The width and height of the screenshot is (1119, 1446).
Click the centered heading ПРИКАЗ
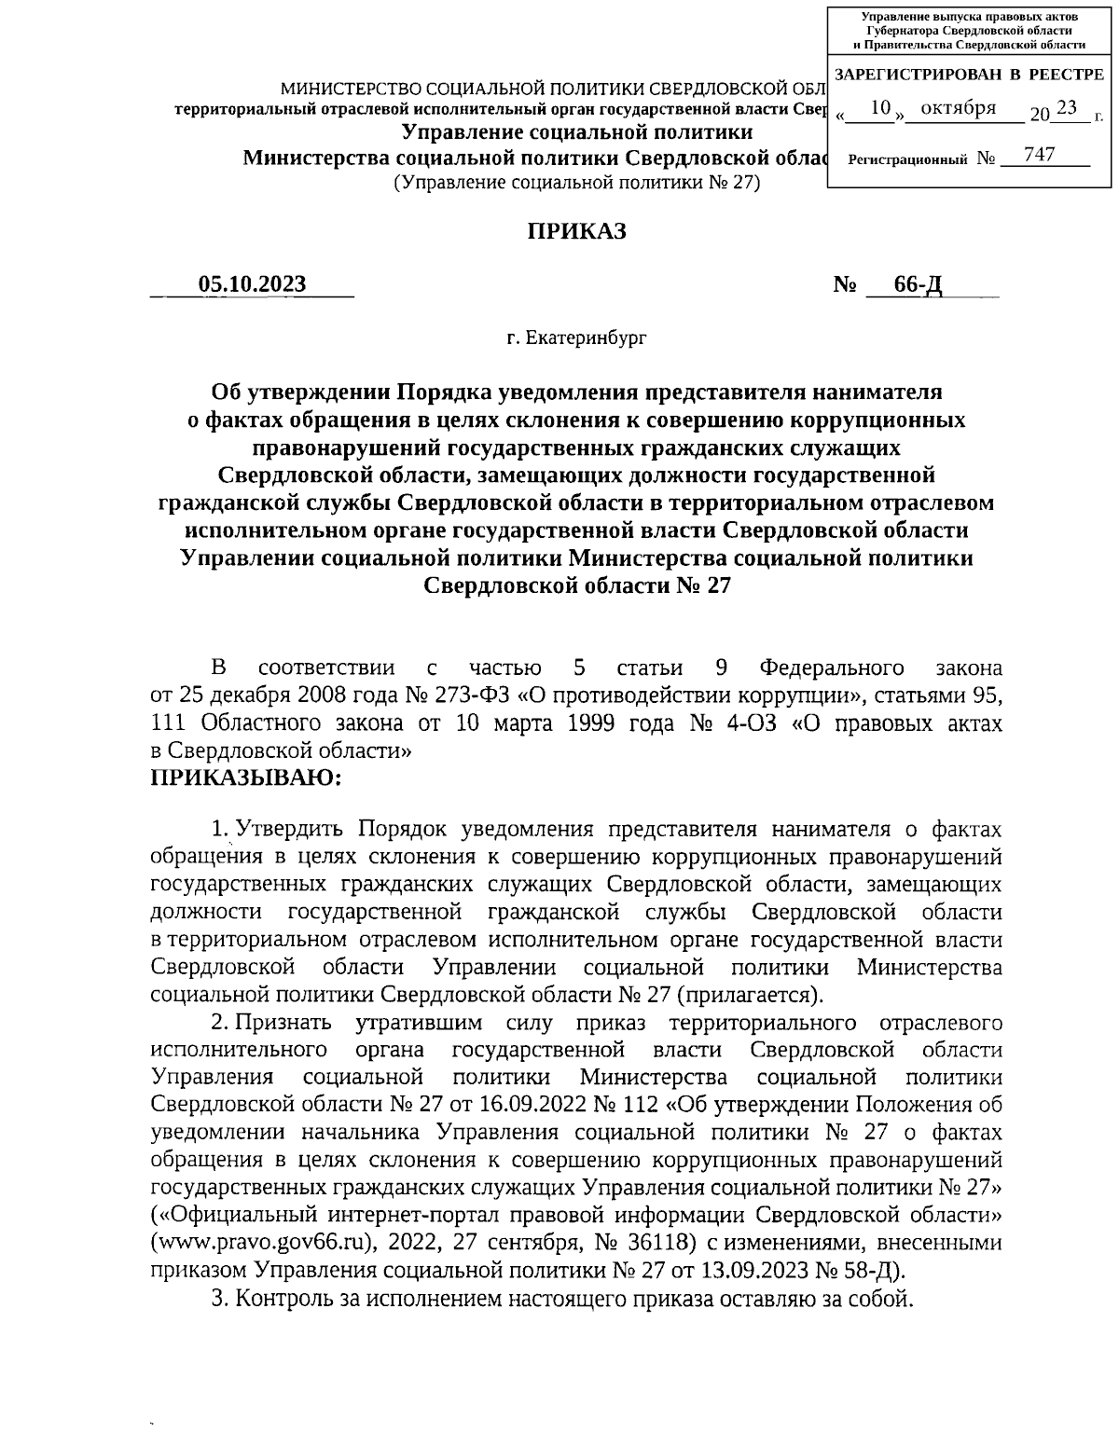tap(577, 231)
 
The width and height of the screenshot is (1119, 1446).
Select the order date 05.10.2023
tap(252, 284)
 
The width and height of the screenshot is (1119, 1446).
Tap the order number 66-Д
tap(918, 284)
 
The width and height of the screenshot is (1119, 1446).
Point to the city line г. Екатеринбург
tap(576, 337)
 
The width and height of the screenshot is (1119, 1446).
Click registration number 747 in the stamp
tap(1038, 154)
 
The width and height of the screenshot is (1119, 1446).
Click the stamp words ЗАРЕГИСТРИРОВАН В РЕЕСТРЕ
tap(968, 74)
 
